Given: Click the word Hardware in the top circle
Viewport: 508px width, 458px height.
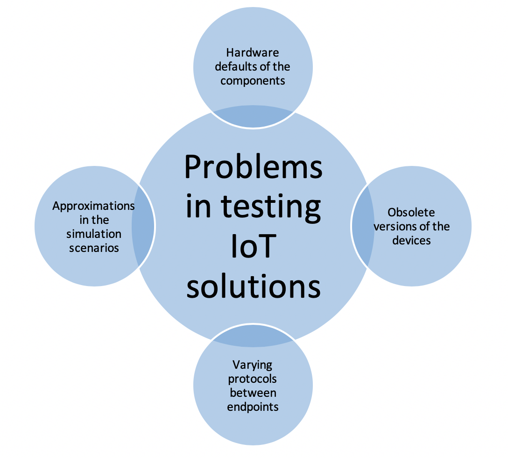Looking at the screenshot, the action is tap(253, 52).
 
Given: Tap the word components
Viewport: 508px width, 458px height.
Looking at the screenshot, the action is tap(253, 81).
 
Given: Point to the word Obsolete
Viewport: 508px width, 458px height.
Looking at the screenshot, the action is tap(411, 213).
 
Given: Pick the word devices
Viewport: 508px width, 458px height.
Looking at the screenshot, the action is tap(411, 240).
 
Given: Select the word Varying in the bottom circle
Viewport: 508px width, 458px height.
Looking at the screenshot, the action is tap(253, 365).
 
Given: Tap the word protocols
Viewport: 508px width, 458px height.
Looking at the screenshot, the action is tap(253, 379).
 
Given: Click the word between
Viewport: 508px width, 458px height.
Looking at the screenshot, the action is tap(253, 393).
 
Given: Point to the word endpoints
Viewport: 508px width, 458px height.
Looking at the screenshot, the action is tap(253, 407).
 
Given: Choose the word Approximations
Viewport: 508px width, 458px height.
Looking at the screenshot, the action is tap(94, 206).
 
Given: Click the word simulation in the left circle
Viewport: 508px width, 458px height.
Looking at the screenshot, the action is tap(94, 234).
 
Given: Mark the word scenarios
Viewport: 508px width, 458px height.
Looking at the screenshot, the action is tap(94, 248).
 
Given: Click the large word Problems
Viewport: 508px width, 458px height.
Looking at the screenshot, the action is tap(254, 167).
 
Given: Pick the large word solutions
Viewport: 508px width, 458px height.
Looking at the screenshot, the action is tap(254, 286).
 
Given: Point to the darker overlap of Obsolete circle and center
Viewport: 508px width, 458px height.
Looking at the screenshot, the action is tap(363, 226).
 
